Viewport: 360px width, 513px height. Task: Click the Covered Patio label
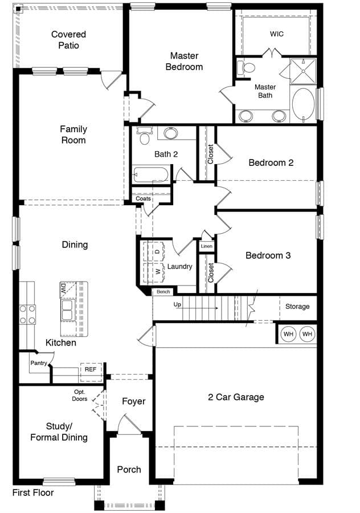click(x=69, y=39)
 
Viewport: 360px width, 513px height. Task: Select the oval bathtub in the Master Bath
click(x=303, y=105)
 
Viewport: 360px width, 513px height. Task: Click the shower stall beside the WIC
click(x=303, y=71)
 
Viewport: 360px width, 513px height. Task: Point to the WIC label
click(x=277, y=34)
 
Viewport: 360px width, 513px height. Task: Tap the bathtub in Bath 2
click(x=151, y=175)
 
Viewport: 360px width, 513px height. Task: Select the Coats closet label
click(x=143, y=198)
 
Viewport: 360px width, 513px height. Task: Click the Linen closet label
click(x=207, y=246)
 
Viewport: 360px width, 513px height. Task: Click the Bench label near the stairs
click(x=163, y=291)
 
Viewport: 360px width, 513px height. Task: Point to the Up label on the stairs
click(x=177, y=304)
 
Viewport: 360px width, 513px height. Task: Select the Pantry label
click(x=39, y=363)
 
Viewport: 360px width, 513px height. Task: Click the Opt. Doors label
click(x=80, y=395)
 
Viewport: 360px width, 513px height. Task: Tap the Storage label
click(x=297, y=307)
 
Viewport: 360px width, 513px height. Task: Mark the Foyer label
click(x=134, y=401)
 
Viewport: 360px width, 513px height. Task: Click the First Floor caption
click(x=33, y=492)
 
